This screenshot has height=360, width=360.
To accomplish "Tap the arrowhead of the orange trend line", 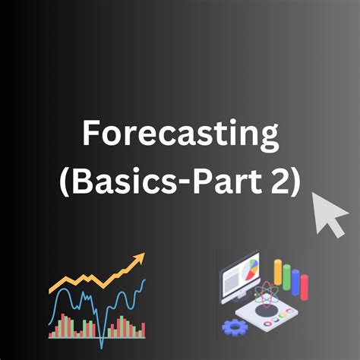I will click(139, 261).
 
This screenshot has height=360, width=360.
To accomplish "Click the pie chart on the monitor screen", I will click(253, 270).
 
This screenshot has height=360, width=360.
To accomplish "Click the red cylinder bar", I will click(305, 287).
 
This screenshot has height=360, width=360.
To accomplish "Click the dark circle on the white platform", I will click(266, 311).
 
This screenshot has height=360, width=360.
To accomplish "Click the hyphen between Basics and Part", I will click(172, 182).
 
